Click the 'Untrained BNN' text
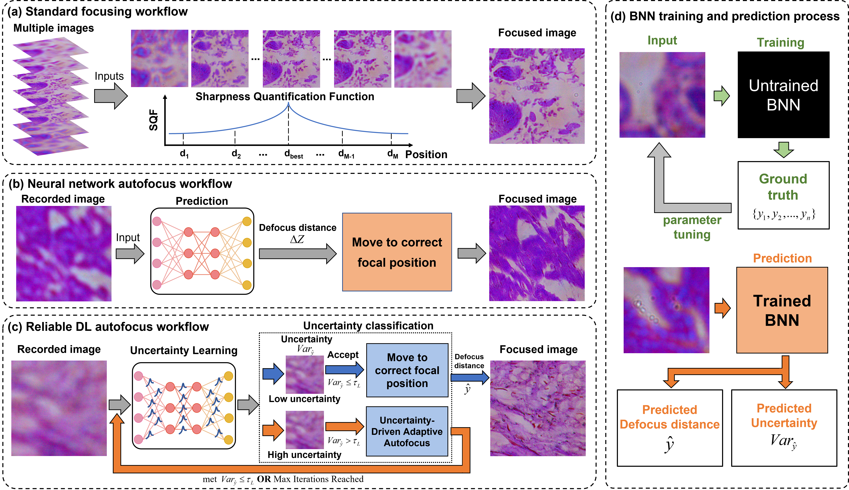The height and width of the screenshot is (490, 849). pos(783,95)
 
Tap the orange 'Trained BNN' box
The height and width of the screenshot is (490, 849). pos(782,310)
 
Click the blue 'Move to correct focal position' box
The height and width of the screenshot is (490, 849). pos(407,370)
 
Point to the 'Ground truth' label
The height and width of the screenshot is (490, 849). pos(783,187)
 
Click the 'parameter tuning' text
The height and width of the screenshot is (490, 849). pos(692,227)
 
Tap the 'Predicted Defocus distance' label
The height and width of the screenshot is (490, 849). pos(669,417)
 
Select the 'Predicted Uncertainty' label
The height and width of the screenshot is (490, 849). pos(784,416)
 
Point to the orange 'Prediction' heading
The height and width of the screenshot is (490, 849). pos(782,258)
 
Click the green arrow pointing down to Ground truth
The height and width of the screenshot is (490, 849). pos(783,149)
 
